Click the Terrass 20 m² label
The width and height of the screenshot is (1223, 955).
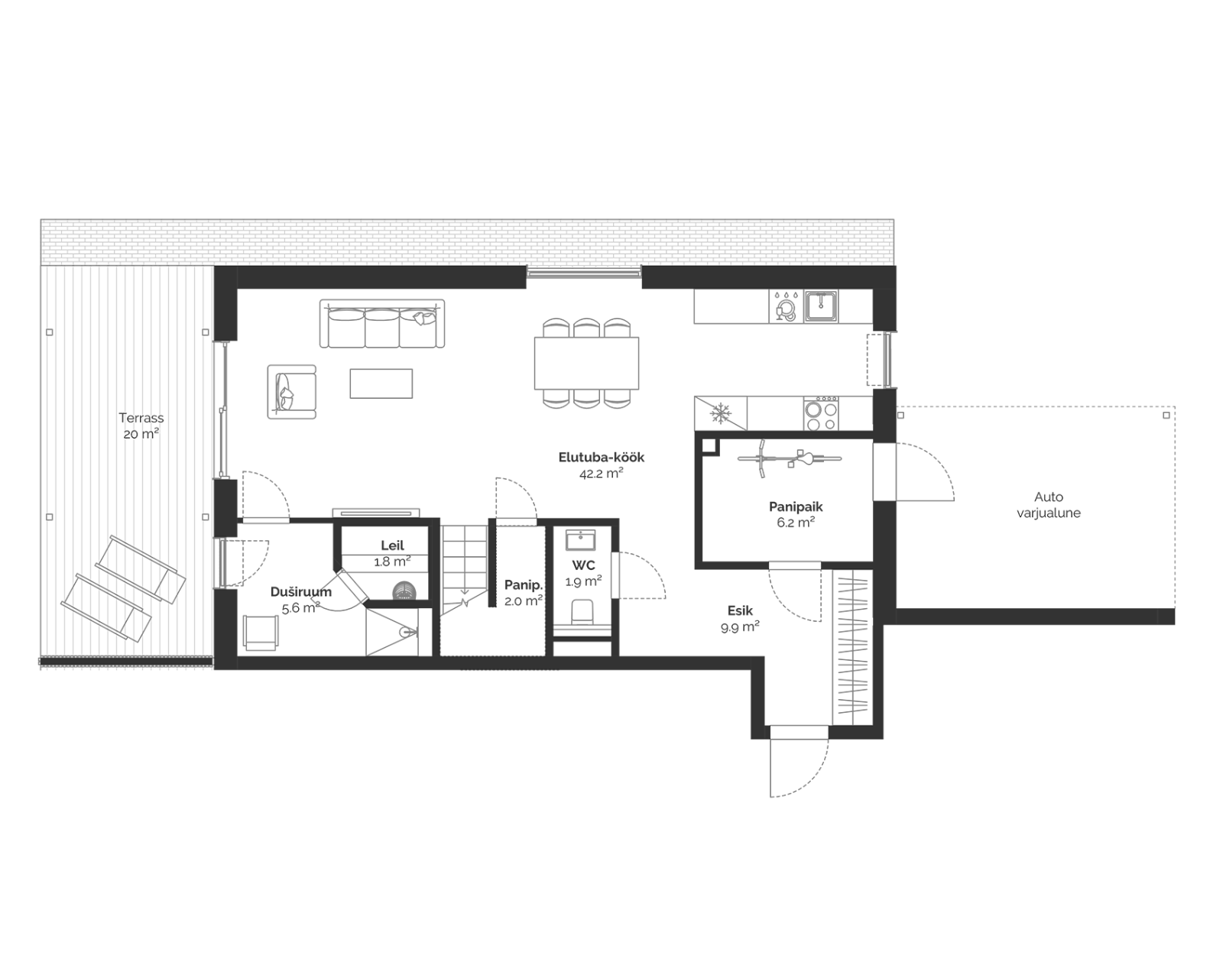pyautogui.click(x=141, y=426)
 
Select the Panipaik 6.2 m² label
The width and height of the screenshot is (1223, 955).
pyautogui.click(x=796, y=515)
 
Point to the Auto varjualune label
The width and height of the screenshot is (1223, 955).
pyautogui.click(x=1049, y=504)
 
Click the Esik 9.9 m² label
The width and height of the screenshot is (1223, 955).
pyautogui.click(x=740, y=618)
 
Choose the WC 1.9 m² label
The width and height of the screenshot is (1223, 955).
pyautogui.click(x=584, y=573)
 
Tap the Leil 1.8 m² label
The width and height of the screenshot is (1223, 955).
pyautogui.click(x=392, y=553)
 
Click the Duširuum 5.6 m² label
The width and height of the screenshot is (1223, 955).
pyautogui.click(x=301, y=600)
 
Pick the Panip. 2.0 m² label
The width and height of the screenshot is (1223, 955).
pyautogui.click(x=524, y=593)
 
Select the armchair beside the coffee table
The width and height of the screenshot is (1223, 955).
pyautogui.click(x=291, y=391)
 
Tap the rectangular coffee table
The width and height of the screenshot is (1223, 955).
pyautogui.click(x=381, y=384)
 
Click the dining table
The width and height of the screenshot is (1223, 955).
pyautogui.click(x=586, y=364)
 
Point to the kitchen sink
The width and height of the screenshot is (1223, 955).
pyautogui.click(x=821, y=306)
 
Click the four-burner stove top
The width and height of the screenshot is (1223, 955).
pyautogui.click(x=821, y=413)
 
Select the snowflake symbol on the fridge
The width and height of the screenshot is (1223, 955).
pyautogui.click(x=720, y=413)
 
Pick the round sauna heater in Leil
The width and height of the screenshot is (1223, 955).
pyautogui.click(x=404, y=591)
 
